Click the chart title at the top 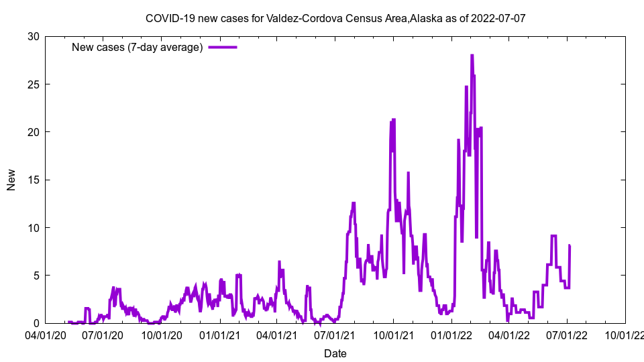coord(335,18)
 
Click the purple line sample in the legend coord(223,48)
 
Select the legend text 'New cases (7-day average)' coord(137,48)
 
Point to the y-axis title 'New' coord(11,180)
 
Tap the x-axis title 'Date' coord(335,353)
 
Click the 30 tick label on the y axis coord(33,36)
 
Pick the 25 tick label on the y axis coord(33,84)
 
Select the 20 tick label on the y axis coord(33,132)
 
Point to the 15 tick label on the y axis coord(33,180)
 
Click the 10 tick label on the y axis coord(33,228)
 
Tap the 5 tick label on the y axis coord(36,276)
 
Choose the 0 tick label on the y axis coord(36,323)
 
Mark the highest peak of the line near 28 coord(472,56)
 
